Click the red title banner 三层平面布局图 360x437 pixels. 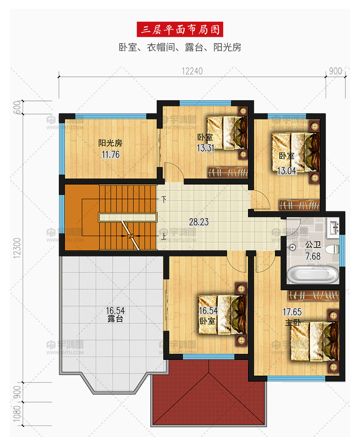[180, 29]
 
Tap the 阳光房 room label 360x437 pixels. [110, 143]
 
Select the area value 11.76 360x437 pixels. [111, 154]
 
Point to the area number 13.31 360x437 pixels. [206, 148]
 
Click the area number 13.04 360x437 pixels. [287, 171]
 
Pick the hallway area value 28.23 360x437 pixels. [199, 222]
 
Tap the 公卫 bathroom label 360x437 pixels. [313, 244]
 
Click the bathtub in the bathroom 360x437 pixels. [313, 275]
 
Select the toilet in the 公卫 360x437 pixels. [332, 249]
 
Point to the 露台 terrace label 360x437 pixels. [116, 319]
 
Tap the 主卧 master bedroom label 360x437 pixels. [293, 323]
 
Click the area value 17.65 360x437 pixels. [292, 312]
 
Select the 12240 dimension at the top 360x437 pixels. [192, 71]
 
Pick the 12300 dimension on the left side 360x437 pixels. [17, 248]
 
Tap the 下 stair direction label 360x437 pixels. [164, 199]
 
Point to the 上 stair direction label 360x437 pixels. [163, 237]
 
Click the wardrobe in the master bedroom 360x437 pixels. [313, 295]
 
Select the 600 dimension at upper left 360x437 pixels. [17, 107]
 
